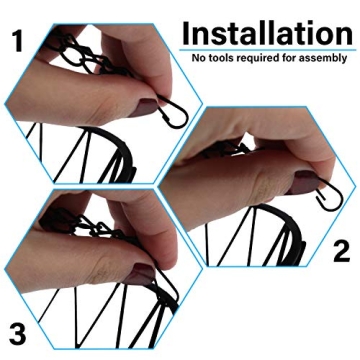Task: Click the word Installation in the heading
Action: click(267, 33)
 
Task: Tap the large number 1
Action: click(18, 41)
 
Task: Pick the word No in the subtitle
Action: click(199, 58)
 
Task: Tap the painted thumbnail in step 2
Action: click(303, 182)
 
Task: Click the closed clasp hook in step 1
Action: click(173, 112)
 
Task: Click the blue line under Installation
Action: click(267, 50)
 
